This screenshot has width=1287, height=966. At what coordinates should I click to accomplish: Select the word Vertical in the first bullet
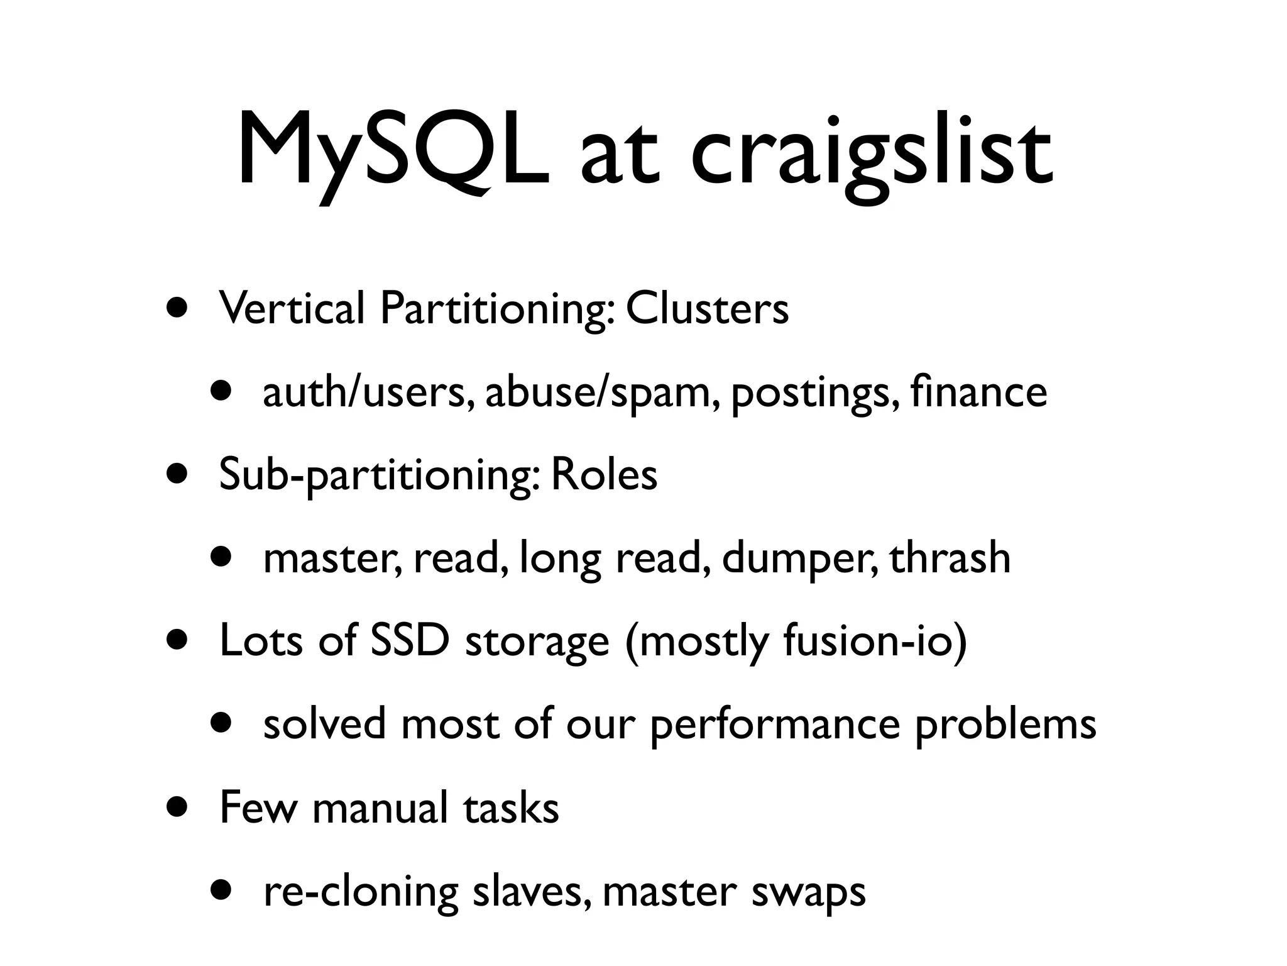click(x=292, y=309)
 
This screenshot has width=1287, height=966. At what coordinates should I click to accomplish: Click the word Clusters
click(x=707, y=309)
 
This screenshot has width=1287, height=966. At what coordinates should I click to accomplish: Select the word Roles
click(x=604, y=475)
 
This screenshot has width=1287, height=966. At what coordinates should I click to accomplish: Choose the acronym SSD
click(x=410, y=641)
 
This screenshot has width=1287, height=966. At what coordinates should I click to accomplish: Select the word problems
click(x=1005, y=725)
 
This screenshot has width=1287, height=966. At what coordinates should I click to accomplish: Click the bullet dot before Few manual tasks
click(x=177, y=808)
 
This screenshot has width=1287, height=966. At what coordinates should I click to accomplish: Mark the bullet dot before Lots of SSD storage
click(x=177, y=641)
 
